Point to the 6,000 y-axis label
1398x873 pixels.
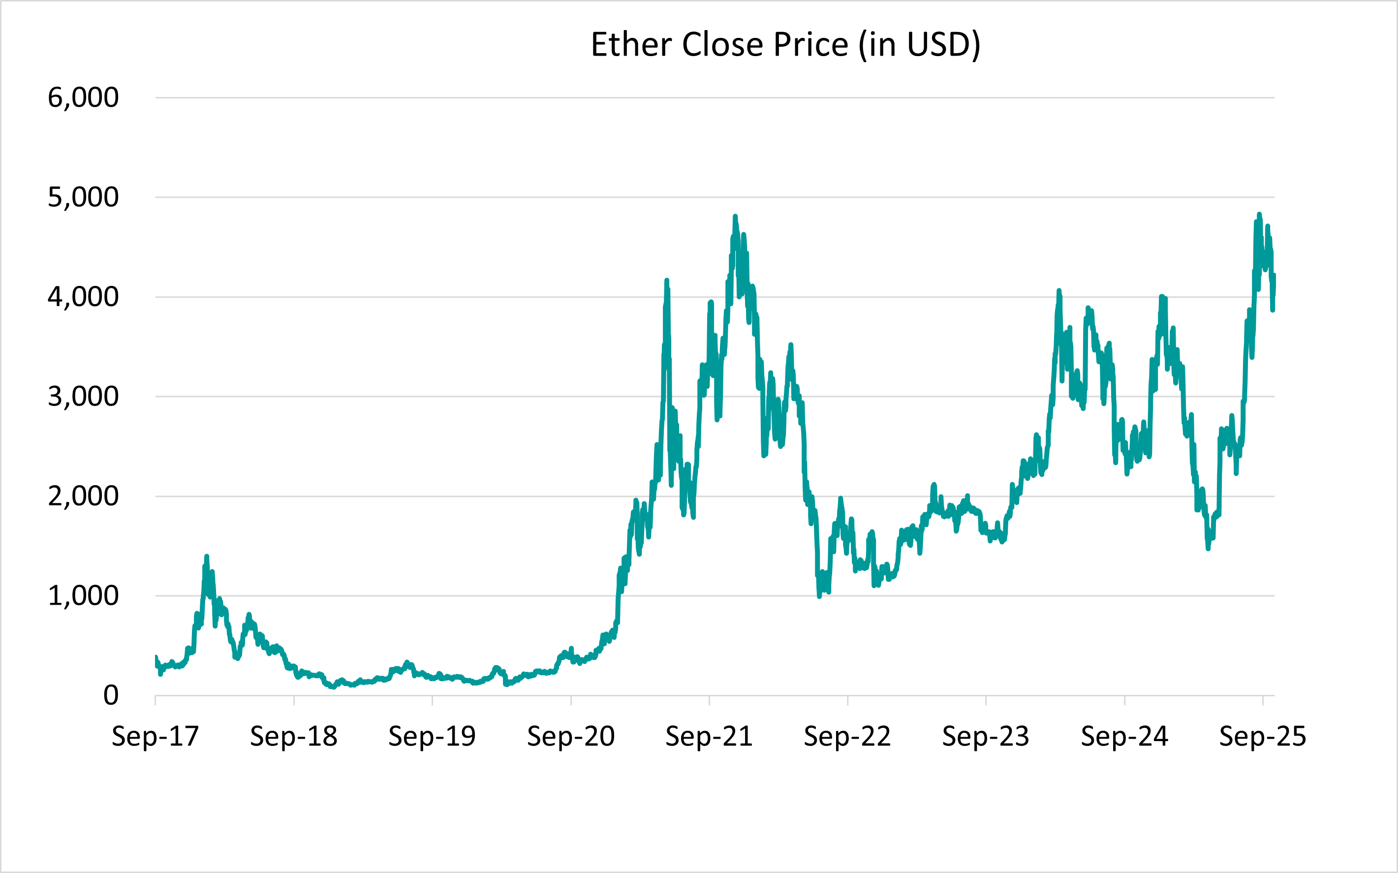[x=83, y=97]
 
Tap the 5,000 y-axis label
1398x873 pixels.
[x=83, y=197]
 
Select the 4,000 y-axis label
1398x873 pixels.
[x=83, y=297]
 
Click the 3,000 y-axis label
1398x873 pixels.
[x=83, y=397]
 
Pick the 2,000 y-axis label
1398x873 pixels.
[x=83, y=497]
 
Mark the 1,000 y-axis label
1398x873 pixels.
[x=83, y=596]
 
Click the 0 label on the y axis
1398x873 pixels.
[x=111, y=696]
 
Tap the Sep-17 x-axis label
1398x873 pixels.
[x=155, y=737]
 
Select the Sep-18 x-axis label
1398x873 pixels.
[x=294, y=737]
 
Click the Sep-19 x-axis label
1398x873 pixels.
[x=433, y=737]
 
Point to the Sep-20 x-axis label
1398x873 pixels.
[x=571, y=737]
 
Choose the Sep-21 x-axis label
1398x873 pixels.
[x=710, y=737]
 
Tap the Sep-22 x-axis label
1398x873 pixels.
[x=847, y=737]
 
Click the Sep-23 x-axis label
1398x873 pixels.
[x=986, y=737]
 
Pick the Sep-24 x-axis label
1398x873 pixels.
[x=1124, y=737]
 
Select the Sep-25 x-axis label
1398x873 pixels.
[x=1263, y=737]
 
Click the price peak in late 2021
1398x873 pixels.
[x=735, y=217]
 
